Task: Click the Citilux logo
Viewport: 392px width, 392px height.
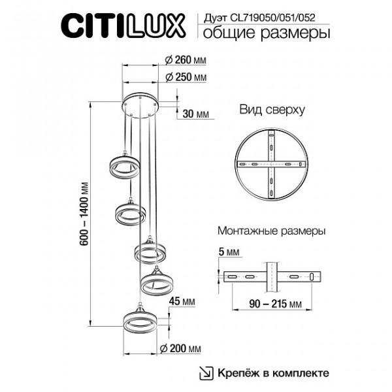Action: [123, 25]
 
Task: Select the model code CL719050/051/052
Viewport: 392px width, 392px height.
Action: [272, 18]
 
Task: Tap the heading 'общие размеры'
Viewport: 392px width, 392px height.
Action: [267, 33]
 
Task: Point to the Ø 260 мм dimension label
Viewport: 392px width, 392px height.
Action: [186, 60]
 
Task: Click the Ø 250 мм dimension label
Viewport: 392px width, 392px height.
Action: [186, 77]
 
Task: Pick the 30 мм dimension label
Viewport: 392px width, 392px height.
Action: [195, 114]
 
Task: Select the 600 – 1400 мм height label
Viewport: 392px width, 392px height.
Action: [85, 214]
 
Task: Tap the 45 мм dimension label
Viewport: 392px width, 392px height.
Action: [182, 301]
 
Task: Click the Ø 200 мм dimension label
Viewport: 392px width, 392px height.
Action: [180, 348]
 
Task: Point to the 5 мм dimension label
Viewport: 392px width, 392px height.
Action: [229, 252]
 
